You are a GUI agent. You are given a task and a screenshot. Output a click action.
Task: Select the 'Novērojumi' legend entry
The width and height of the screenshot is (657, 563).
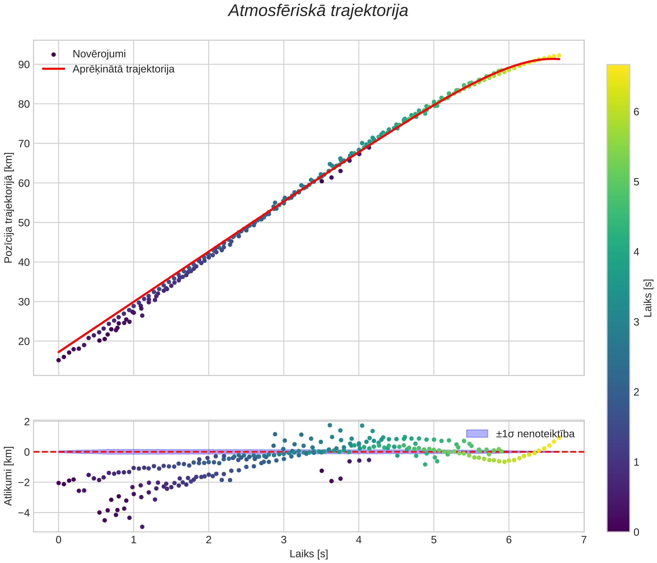pos(99,54)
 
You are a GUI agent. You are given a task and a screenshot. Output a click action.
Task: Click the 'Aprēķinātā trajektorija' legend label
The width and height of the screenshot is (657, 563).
pos(123,69)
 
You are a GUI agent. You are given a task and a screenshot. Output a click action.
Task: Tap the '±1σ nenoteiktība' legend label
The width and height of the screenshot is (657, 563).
pos(535,434)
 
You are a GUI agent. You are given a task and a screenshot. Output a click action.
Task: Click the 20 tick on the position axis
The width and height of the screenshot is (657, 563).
pos(24,341)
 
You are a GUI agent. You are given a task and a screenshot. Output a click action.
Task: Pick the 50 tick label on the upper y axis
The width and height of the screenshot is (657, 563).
pos(24,223)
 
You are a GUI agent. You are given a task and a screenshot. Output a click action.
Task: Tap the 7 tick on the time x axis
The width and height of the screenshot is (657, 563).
pos(584,540)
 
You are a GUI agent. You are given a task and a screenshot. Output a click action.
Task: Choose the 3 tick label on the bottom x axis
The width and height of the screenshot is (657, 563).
pos(284,540)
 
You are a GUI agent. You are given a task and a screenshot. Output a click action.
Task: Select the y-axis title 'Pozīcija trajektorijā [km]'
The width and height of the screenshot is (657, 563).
pos(9,208)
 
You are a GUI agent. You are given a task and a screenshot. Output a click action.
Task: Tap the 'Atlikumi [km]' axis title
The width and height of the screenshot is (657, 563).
pos(9,476)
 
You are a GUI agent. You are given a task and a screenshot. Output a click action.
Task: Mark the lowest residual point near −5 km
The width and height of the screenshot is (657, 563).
pos(142,527)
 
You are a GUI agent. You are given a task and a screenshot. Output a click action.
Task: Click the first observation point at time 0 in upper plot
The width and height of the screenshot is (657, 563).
pos(59,360)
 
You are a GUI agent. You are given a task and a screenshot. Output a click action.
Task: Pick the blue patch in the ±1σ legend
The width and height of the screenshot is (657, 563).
pos(477,434)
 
